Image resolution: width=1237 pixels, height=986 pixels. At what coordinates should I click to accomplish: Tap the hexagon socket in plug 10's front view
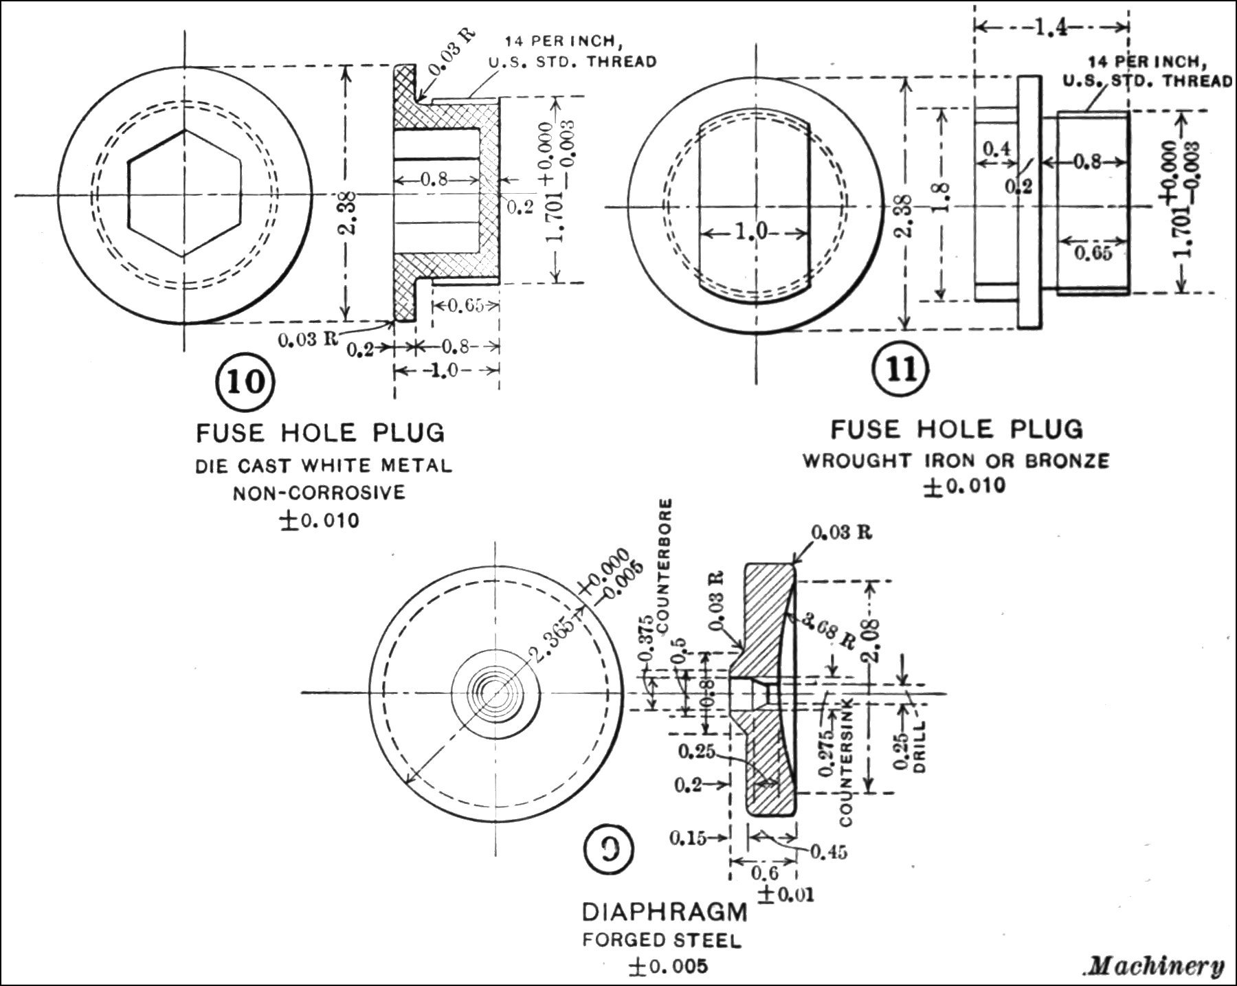click(x=183, y=193)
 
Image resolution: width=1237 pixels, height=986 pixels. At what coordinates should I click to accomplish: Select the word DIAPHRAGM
click(x=665, y=912)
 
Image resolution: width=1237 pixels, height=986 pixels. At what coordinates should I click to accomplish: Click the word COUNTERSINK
click(x=847, y=763)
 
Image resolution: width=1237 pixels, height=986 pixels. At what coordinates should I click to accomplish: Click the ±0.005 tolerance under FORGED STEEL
click(x=667, y=966)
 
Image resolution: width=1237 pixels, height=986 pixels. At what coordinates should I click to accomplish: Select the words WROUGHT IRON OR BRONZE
click(x=957, y=460)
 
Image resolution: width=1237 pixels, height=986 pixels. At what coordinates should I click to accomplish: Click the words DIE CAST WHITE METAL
click(x=324, y=466)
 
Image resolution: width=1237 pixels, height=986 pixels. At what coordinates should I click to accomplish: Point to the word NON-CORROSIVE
click(x=319, y=493)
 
